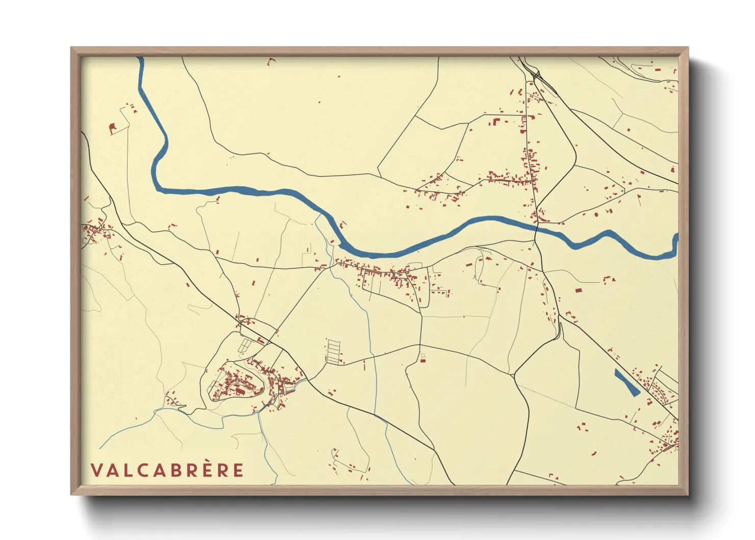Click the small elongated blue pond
pyautogui.click(x=627, y=383)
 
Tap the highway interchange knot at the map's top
pyautogui.click(x=537, y=77)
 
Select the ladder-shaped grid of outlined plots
pyautogui.click(x=333, y=351)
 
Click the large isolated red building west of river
pyautogui.click(x=113, y=127)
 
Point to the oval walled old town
pyautogui.click(x=235, y=384)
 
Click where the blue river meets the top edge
pyautogui.click(x=140, y=59)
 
